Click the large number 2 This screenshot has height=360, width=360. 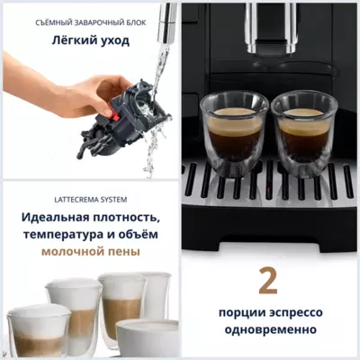click(267, 281)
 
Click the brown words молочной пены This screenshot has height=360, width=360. click(89, 252)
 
